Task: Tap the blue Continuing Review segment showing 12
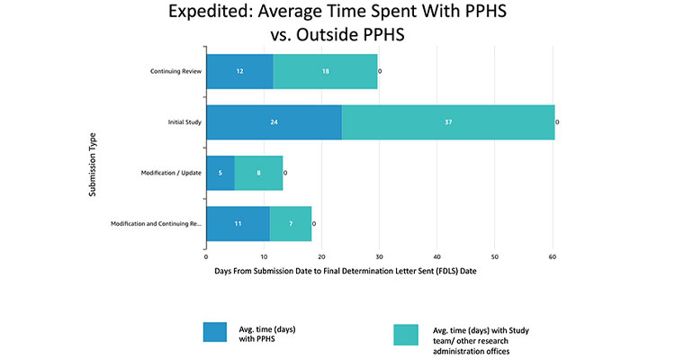pyautogui.click(x=239, y=71)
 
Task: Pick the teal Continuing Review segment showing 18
pyautogui.click(x=325, y=71)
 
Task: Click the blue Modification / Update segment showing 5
pyautogui.click(x=220, y=172)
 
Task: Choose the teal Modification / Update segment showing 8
pyautogui.click(x=258, y=172)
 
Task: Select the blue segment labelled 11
pyautogui.click(x=238, y=223)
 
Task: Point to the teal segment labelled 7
pyautogui.click(x=291, y=223)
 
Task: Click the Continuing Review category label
pyautogui.click(x=176, y=71)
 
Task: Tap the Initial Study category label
pyautogui.click(x=184, y=121)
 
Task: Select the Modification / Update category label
pyautogui.click(x=171, y=172)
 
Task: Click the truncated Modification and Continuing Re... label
pyautogui.click(x=156, y=223)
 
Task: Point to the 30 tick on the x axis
pyautogui.click(x=380, y=256)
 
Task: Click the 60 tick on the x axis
pyautogui.click(x=553, y=256)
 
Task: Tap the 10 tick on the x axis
pyautogui.click(x=264, y=256)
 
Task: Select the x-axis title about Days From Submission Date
pyautogui.click(x=346, y=270)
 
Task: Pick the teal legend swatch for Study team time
pyautogui.click(x=412, y=333)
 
